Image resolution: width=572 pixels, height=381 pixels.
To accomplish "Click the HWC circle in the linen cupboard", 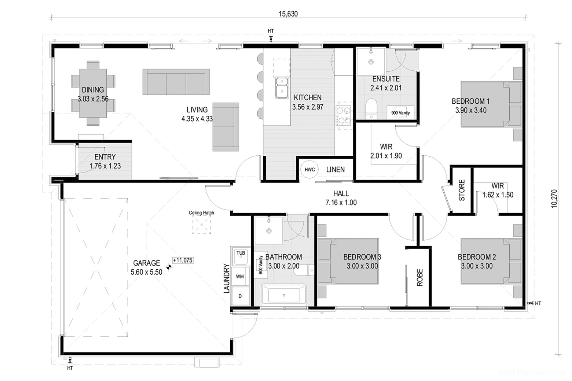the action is (309, 170).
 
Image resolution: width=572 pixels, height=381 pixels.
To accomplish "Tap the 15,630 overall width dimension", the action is (288, 14).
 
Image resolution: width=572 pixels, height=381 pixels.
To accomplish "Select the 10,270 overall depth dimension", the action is (554, 199).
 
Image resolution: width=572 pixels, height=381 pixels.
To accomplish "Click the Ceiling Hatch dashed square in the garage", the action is (201, 225).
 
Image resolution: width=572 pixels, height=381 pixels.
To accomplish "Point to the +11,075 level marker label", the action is (183, 260).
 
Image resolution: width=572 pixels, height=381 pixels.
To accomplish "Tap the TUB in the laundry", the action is (241, 256).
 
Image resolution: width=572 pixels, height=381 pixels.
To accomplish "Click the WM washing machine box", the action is (240, 276).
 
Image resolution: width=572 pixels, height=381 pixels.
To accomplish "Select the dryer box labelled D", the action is (240, 296).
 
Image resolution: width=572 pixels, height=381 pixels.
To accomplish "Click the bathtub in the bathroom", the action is (284, 295).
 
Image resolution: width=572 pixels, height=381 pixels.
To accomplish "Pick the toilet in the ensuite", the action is (371, 109).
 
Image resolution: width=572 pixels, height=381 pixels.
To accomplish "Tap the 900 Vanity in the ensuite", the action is (400, 112).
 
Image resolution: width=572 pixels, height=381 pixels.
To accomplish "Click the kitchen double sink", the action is (282, 88).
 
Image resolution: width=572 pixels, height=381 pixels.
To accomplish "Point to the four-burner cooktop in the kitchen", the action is (343, 115).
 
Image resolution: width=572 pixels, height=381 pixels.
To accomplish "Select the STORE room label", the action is (462, 190).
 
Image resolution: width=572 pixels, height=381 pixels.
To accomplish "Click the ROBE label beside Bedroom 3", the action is (420, 277).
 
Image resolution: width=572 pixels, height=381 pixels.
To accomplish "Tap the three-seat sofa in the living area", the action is (176, 82).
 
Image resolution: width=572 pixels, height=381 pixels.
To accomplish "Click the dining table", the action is (93, 93).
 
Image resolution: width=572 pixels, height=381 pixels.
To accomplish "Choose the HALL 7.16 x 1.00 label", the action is (341, 198).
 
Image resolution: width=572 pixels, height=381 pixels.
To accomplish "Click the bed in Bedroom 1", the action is (491, 104).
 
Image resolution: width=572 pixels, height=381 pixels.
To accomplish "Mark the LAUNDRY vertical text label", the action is (227, 278).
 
